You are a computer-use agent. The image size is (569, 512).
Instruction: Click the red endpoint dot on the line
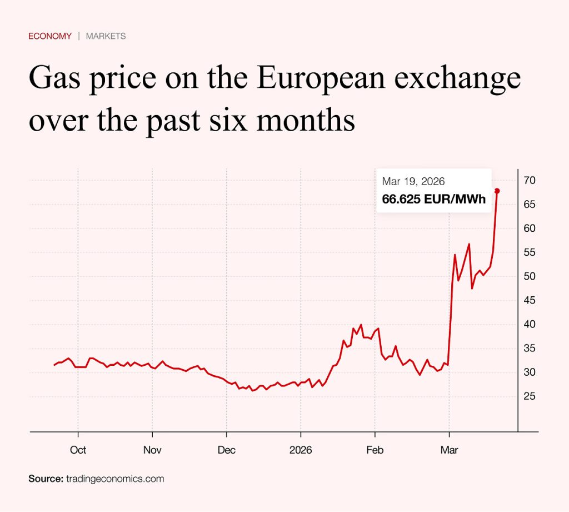[497, 191]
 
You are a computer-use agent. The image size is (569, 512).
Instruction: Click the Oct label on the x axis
[78, 450]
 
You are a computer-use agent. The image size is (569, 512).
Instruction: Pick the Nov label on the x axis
[152, 450]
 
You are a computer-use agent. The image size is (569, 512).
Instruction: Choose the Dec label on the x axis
[227, 450]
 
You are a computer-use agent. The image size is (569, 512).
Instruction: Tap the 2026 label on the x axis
[301, 450]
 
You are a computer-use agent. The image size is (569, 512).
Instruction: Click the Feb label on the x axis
[375, 450]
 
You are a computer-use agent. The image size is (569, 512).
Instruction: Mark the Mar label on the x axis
[449, 450]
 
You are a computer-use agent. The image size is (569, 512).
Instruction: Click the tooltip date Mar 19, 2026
[413, 182]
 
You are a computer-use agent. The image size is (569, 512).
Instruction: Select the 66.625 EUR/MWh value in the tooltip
[434, 200]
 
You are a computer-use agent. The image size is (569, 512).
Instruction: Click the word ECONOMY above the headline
[50, 36]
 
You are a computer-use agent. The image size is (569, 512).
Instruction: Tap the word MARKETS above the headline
[106, 36]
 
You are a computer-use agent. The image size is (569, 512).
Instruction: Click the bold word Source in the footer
[46, 479]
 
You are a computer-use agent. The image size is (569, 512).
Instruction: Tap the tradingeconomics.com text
[115, 479]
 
